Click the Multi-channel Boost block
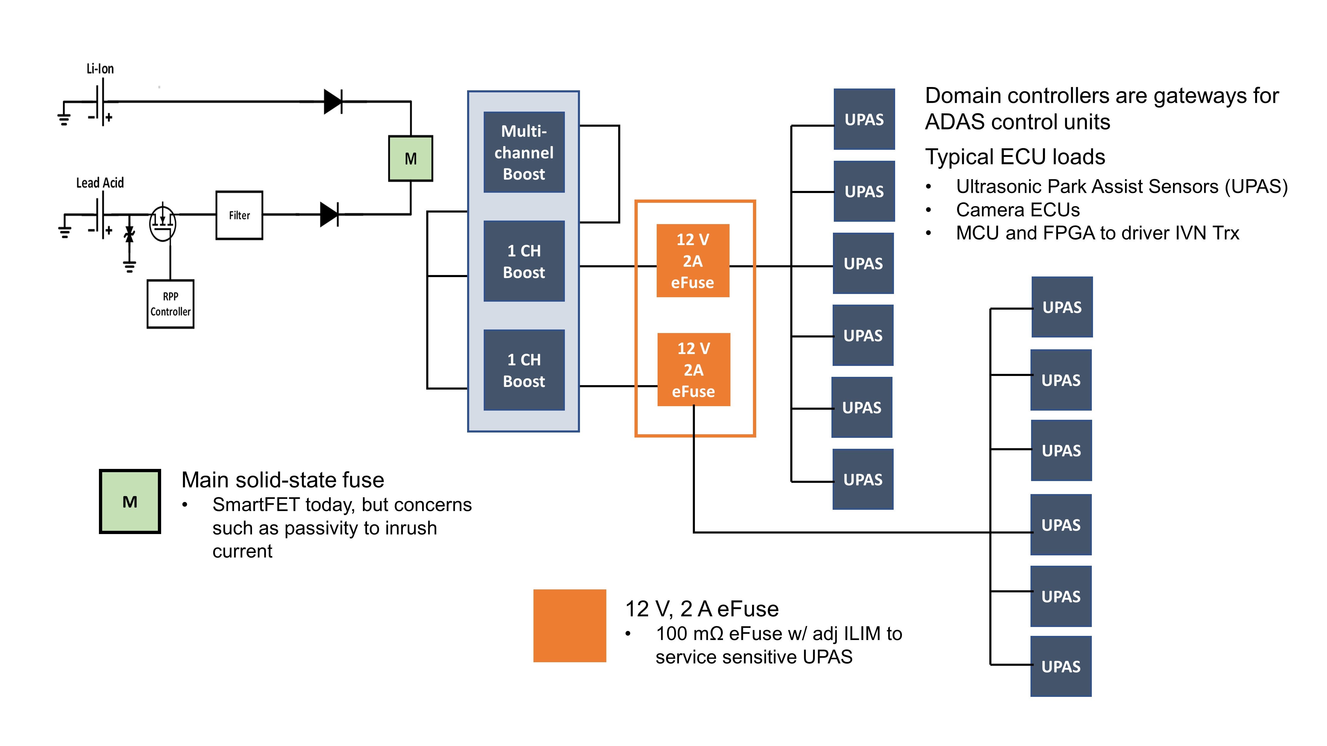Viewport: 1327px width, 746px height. tap(524, 152)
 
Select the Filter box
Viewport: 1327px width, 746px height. tap(239, 215)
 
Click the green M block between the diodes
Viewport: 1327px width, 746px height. tap(411, 159)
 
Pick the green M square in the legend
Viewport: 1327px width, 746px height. tap(130, 501)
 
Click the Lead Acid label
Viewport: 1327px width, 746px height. tap(100, 183)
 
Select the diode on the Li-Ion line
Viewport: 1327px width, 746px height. tap(333, 102)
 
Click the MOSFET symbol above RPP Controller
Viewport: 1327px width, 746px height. tap(163, 223)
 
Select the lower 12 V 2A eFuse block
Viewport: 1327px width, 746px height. tap(693, 370)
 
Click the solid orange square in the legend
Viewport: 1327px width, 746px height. tap(570, 626)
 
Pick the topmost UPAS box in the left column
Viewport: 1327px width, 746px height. tap(864, 119)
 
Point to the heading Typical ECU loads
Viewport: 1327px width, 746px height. tap(1015, 157)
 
